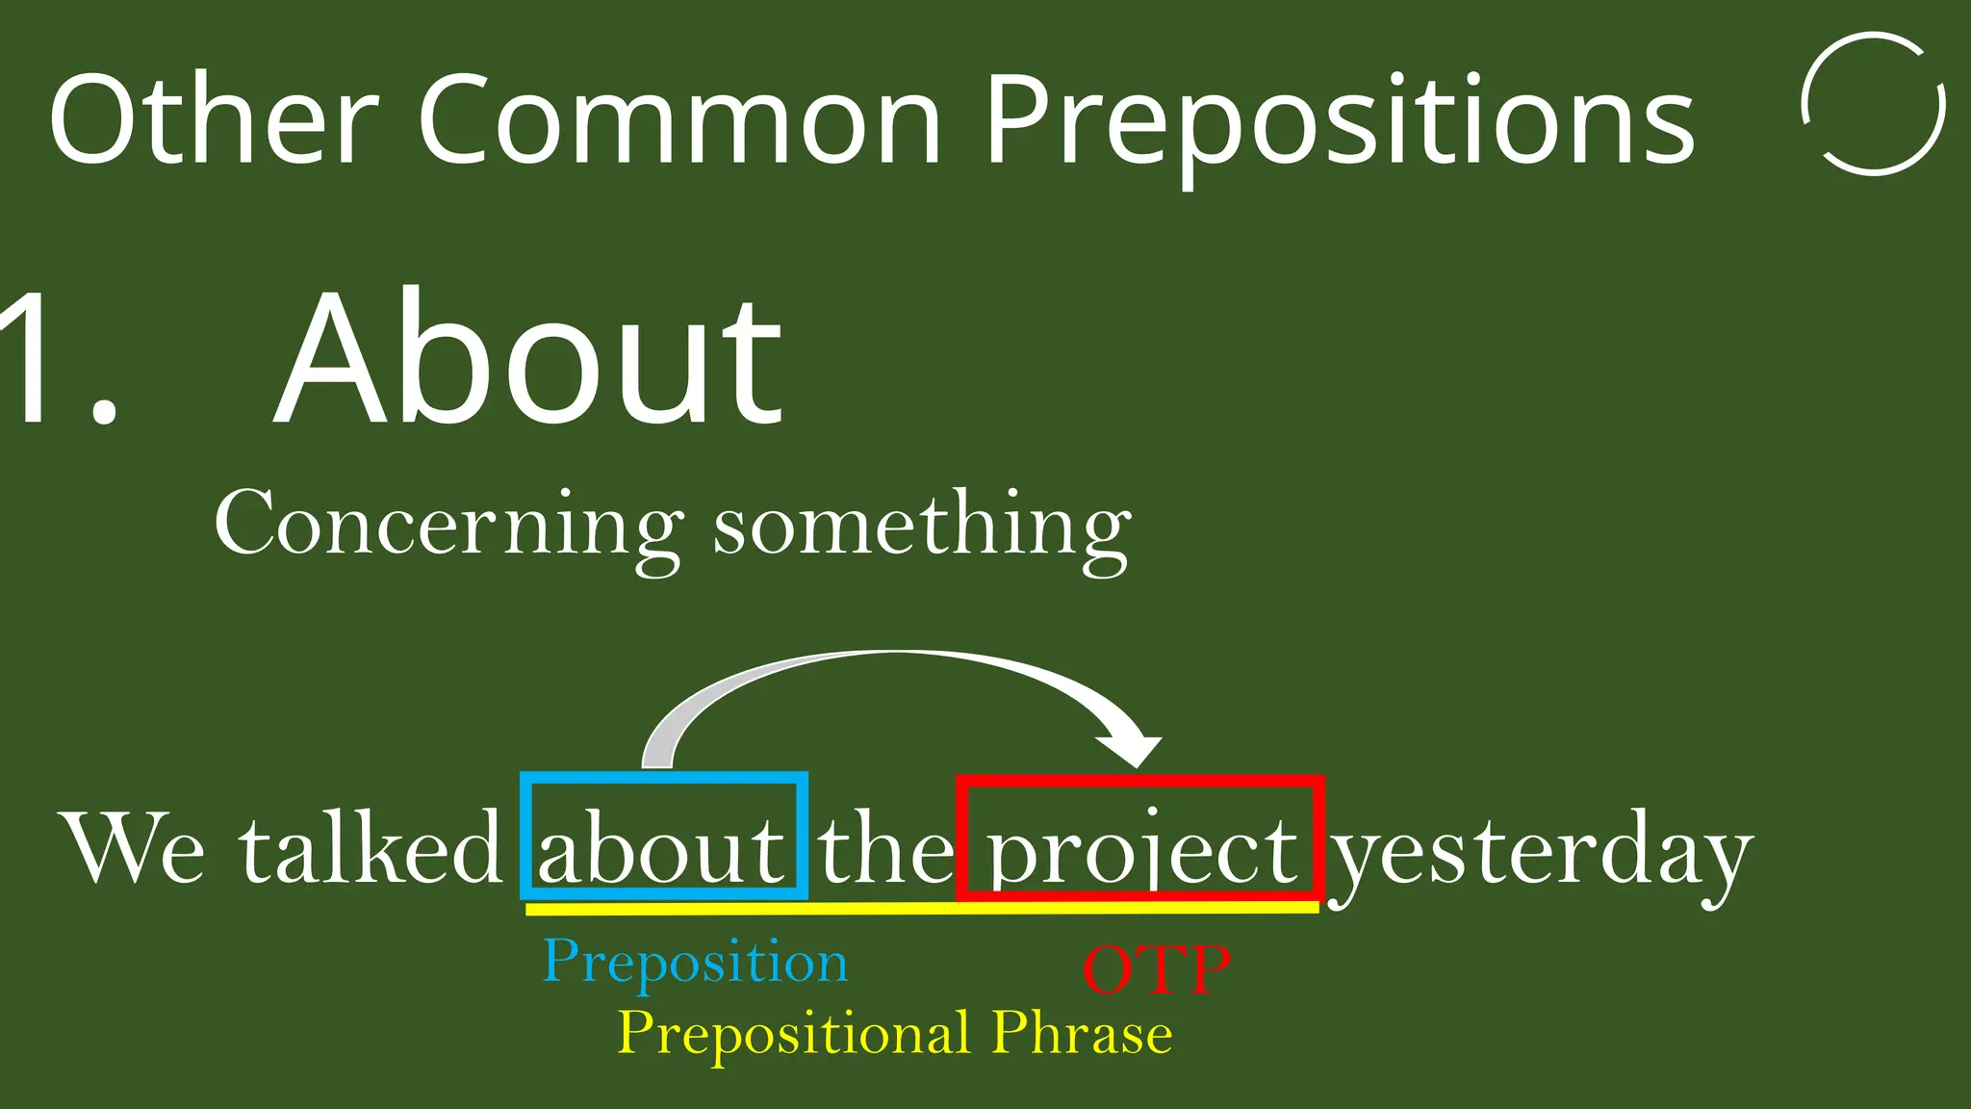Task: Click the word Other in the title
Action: point(212,120)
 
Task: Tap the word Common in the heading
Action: point(678,120)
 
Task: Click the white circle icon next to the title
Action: point(1873,104)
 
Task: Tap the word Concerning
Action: point(448,525)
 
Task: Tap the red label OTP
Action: point(1156,969)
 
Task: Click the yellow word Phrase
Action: point(1081,1032)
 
